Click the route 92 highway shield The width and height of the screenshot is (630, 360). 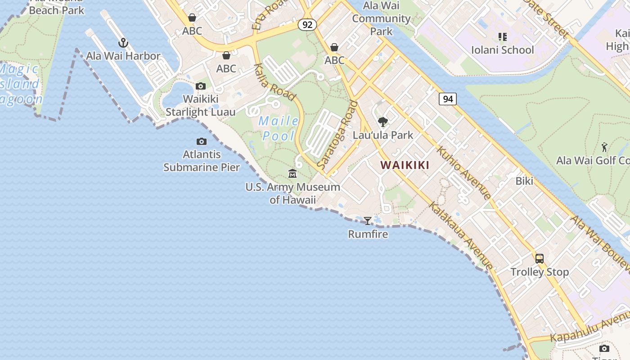(x=307, y=25)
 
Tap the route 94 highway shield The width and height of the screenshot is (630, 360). (x=448, y=99)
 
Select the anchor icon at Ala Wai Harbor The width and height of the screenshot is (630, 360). (x=123, y=43)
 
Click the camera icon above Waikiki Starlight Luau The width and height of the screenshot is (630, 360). (x=201, y=86)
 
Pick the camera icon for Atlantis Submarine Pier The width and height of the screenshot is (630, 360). (x=202, y=142)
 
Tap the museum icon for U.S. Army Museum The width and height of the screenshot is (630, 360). (x=292, y=173)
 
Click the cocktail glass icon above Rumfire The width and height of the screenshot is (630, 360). (x=368, y=220)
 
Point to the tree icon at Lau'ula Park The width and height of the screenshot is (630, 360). (x=383, y=121)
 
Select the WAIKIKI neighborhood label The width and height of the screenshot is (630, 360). (x=405, y=165)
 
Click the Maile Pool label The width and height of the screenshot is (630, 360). (x=279, y=128)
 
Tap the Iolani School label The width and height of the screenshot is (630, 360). (x=502, y=49)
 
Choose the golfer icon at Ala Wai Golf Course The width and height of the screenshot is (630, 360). (x=604, y=147)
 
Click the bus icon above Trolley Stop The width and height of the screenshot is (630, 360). (x=539, y=259)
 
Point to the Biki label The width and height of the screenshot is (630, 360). (x=524, y=181)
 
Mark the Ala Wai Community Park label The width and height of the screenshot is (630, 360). (x=381, y=18)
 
